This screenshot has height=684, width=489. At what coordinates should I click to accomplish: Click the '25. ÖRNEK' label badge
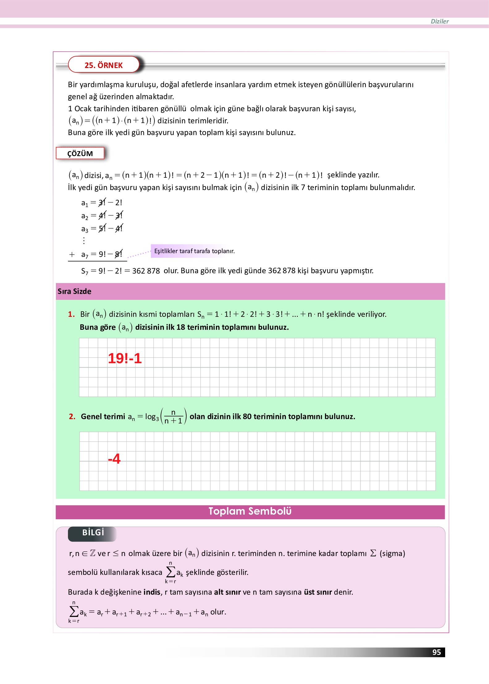(104, 65)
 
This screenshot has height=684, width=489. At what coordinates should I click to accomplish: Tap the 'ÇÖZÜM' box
(80, 153)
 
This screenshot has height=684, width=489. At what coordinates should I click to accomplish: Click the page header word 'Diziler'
(439, 21)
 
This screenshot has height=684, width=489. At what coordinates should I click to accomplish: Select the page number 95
(436, 652)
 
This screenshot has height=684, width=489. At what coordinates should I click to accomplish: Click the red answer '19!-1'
(124, 358)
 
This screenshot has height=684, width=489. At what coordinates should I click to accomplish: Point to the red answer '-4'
(114, 458)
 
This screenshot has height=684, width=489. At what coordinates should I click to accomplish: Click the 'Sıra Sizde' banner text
(74, 291)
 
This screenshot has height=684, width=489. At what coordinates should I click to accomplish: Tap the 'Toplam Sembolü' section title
(250, 511)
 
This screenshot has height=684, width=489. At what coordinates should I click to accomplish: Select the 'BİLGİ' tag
(93, 532)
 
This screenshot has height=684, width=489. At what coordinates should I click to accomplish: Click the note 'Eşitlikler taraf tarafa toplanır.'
(194, 251)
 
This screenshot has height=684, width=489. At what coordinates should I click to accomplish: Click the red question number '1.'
(71, 314)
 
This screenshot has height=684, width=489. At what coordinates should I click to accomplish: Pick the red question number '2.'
(72, 416)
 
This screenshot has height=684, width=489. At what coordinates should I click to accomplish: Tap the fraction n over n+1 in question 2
(173, 417)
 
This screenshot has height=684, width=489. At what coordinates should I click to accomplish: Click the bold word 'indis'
(152, 592)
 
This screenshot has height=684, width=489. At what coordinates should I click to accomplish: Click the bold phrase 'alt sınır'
(227, 592)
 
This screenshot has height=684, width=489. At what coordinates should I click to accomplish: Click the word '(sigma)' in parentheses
(392, 553)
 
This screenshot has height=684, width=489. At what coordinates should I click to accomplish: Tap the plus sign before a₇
(72, 254)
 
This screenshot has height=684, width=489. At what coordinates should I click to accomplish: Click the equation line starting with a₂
(102, 215)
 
